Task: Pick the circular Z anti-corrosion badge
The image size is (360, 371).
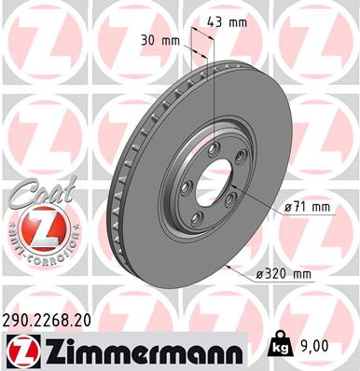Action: pyautogui.click(x=38, y=230)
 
